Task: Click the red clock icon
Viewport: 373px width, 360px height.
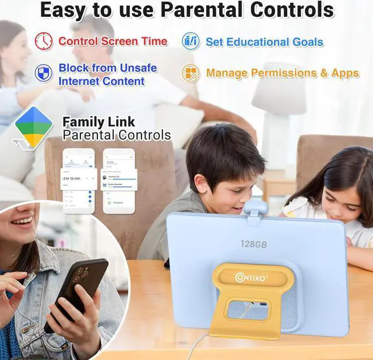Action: click(44, 41)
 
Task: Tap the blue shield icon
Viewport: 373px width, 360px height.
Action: click(44, 73)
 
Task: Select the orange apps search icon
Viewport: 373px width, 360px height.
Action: click(191, 73)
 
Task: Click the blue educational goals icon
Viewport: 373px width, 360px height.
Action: click(191, 41)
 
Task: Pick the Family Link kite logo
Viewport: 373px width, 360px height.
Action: click(34, 127)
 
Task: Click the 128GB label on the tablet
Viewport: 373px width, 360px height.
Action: click(254, 244)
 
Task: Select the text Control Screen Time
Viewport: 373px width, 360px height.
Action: click(113, 41)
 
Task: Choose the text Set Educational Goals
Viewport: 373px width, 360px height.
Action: click(264, 42)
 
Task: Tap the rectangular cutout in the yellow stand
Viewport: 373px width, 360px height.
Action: click(248, 309)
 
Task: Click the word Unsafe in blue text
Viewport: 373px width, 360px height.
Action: click(137, 68)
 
